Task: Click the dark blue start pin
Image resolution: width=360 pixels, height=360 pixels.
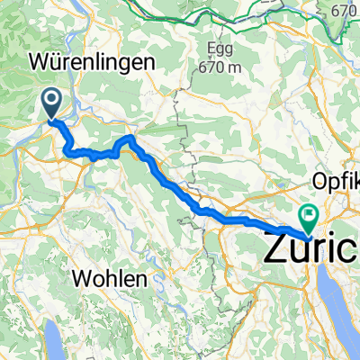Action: (x=51, y=103)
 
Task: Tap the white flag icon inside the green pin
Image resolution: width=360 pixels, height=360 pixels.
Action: (x=309, y=214)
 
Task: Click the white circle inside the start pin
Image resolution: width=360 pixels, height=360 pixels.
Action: (x=51, y=100)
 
